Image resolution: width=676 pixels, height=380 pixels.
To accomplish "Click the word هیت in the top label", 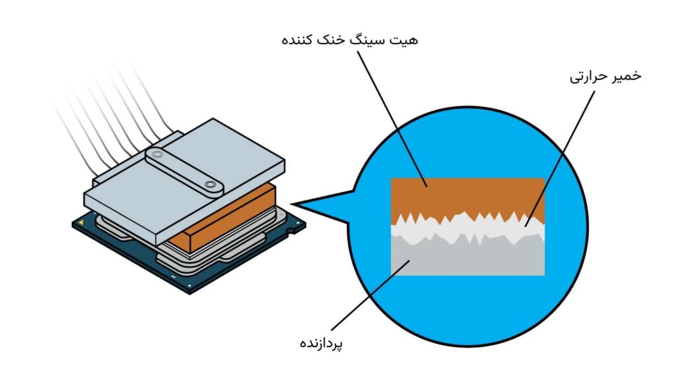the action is [x=405, y=40].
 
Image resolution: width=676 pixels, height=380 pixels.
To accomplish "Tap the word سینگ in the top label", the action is [x=369, y=41].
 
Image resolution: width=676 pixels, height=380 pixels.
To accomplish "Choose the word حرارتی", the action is [x=588, y=77].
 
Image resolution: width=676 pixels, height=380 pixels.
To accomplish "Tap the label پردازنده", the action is [x=321, y=343].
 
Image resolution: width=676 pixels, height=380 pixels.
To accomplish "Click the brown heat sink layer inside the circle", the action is [x=468, y=197].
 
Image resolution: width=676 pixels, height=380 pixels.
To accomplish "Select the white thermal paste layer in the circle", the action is [x=468, y=229].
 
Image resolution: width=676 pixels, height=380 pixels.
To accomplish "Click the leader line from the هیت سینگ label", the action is [x=392, y=119].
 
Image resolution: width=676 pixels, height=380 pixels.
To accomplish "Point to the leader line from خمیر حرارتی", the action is [x=560, y=158].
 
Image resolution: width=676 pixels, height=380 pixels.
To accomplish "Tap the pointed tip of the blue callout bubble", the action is [x=292, y=204].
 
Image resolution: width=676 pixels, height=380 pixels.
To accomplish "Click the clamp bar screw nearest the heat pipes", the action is [x=156, y=154].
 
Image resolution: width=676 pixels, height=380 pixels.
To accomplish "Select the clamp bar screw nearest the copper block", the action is [x=210, y=185].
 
